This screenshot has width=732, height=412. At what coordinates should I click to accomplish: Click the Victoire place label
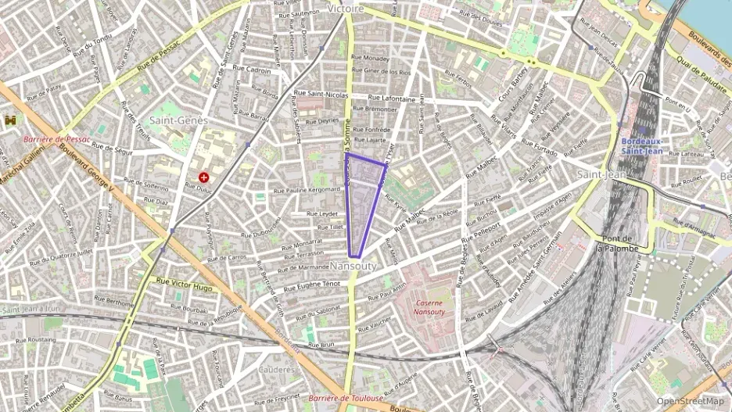pos(346,9)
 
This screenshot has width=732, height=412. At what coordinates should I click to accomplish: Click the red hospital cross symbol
pos(204,177)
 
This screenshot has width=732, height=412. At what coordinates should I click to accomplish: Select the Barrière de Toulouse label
pos(345,399)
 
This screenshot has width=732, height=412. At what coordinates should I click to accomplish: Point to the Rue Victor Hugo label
pos(185,283)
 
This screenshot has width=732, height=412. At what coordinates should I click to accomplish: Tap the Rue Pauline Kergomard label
pos(307,190)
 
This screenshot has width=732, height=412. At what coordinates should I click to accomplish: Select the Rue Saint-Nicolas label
pos(321,94)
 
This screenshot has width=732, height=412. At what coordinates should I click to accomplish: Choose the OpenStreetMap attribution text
pos(690,401)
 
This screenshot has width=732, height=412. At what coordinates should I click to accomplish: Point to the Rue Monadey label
pos(370,58)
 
